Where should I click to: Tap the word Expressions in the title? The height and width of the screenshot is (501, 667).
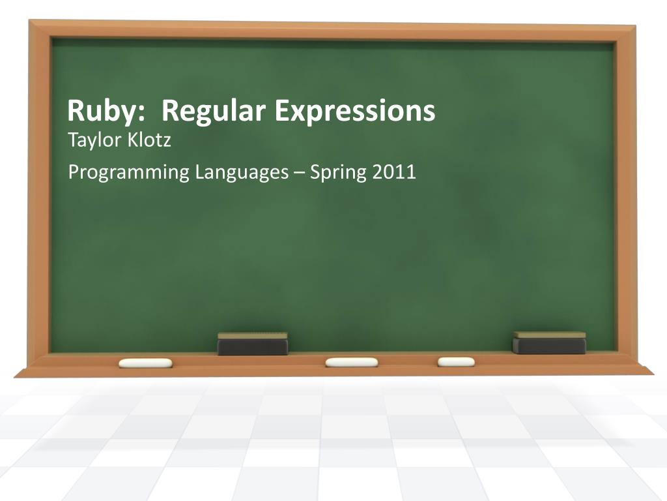(354, 112)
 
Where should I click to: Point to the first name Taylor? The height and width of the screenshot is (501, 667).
(90, 140)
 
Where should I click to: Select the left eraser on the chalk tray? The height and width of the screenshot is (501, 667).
(253, 344)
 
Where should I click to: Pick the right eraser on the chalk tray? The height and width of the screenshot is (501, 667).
(548, 342)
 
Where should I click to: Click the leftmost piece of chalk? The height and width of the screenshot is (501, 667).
(145, 363)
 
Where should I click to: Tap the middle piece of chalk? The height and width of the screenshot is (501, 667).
(352, 362)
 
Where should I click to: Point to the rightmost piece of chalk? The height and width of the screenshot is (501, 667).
(456, 361)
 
